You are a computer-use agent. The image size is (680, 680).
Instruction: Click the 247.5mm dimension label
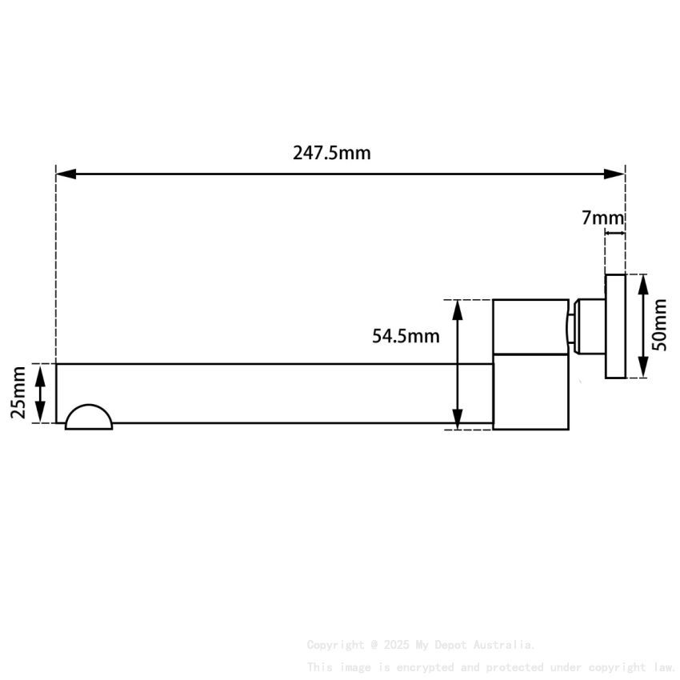click(331, 153)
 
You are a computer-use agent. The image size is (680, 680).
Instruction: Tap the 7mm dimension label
click(602, 218)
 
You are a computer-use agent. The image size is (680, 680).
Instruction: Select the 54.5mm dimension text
click(406, 336)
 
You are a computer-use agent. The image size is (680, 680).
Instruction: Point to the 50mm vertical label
click(659, 325)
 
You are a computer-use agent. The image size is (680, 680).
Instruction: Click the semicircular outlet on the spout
click(89, 418)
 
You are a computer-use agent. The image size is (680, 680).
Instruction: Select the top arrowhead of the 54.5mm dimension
click(458, 309)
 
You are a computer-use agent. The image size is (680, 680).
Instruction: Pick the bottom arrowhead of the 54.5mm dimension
click(458, 420)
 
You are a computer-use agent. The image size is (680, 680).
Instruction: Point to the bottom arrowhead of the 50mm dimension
click(642, 368)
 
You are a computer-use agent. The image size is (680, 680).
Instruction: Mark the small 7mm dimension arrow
click(614, 234)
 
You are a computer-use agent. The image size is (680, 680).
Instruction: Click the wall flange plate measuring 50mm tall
click(614, 326)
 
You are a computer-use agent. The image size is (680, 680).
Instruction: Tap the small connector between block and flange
click(586, 326)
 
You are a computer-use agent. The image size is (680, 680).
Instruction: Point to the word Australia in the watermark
click(506, 645)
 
